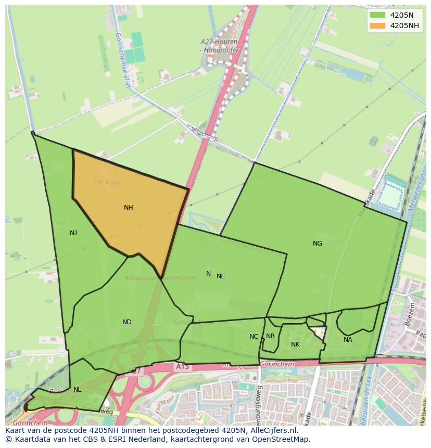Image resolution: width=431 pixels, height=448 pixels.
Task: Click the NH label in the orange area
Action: (x=129, y=208)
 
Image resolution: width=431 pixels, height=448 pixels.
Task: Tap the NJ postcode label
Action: (x=73, y=233)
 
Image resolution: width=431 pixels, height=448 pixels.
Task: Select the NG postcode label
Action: (x=318, y=244)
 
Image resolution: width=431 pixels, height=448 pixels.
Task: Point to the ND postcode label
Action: (x=127, y=322)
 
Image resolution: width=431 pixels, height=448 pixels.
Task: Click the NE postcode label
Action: (x=221, y=276)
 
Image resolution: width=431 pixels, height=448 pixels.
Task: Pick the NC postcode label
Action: (x=253, y=337)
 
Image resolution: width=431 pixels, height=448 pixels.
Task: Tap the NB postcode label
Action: (x=270, y=336)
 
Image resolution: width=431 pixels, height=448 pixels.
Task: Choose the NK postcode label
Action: (x=295, y=344)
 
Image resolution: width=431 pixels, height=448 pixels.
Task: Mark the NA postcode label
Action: (x=348, y=340)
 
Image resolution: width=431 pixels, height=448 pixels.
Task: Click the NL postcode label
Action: (x=78, y=390)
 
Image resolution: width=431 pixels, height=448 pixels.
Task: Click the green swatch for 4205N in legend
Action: (x=378, y=15)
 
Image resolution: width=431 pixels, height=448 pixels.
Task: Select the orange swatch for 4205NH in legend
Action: (x=378, y=25)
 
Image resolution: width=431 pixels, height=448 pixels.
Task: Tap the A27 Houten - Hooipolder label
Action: (x=219, y=46)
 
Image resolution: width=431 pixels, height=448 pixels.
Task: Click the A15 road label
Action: (x=182, y=367)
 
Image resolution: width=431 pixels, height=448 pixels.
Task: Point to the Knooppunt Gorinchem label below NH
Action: (x=161, y=278)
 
